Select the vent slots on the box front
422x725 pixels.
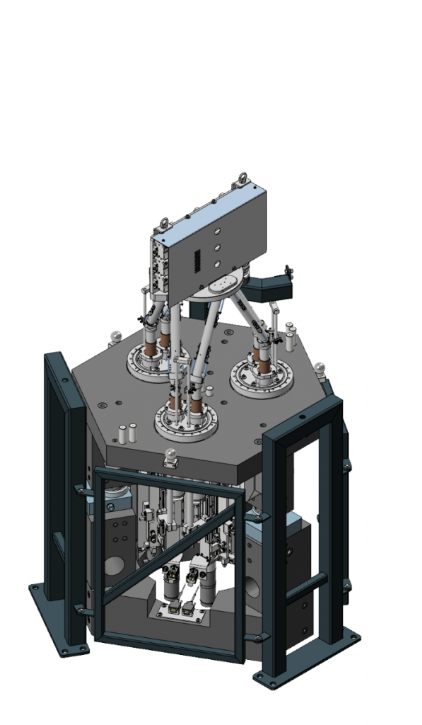[198, 261]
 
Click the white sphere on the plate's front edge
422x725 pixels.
[170, 455]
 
